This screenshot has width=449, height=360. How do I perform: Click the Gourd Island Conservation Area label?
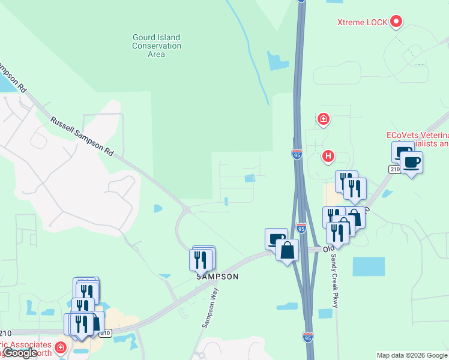pyautogui.click(x=156, y=46)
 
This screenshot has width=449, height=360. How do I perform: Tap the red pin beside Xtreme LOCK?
pyautogui.click(x=396, y=22)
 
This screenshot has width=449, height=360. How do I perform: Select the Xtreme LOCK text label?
pyautogui.click(x=362, y=23)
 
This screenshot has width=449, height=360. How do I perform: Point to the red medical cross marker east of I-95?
pyautogui.click(x=324, y=119)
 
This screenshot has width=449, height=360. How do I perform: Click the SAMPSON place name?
pyautogui.click(x=217, y=277)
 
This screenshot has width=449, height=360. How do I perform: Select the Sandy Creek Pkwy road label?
pyautogui.click(x=335, y=281)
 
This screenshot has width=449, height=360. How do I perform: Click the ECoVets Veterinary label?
pyautogui.click(x=417, y=139)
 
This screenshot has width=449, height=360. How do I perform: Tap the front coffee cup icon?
pyautogui.click(x=412, y=162)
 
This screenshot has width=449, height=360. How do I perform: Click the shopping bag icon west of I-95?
pyautogui.click(x=288, y=250)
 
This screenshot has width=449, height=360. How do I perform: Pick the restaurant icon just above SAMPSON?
pyautogui.click(x=202, y=259)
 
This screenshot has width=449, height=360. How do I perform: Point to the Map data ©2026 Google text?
pyautogui.click(x=411, y=355)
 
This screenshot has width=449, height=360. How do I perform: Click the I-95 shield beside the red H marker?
pyautogui.click(x=297, y=155)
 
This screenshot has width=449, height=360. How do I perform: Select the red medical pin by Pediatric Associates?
pyautogui.click(x=60, y=347)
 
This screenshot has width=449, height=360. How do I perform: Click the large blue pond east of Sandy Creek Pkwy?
pyautogui.click(x=368, y=266)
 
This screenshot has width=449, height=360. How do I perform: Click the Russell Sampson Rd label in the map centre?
pyautogui.click(x=82, y=136)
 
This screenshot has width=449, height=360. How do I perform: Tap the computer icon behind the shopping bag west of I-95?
pyautogui.click(x=275, y=239)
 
